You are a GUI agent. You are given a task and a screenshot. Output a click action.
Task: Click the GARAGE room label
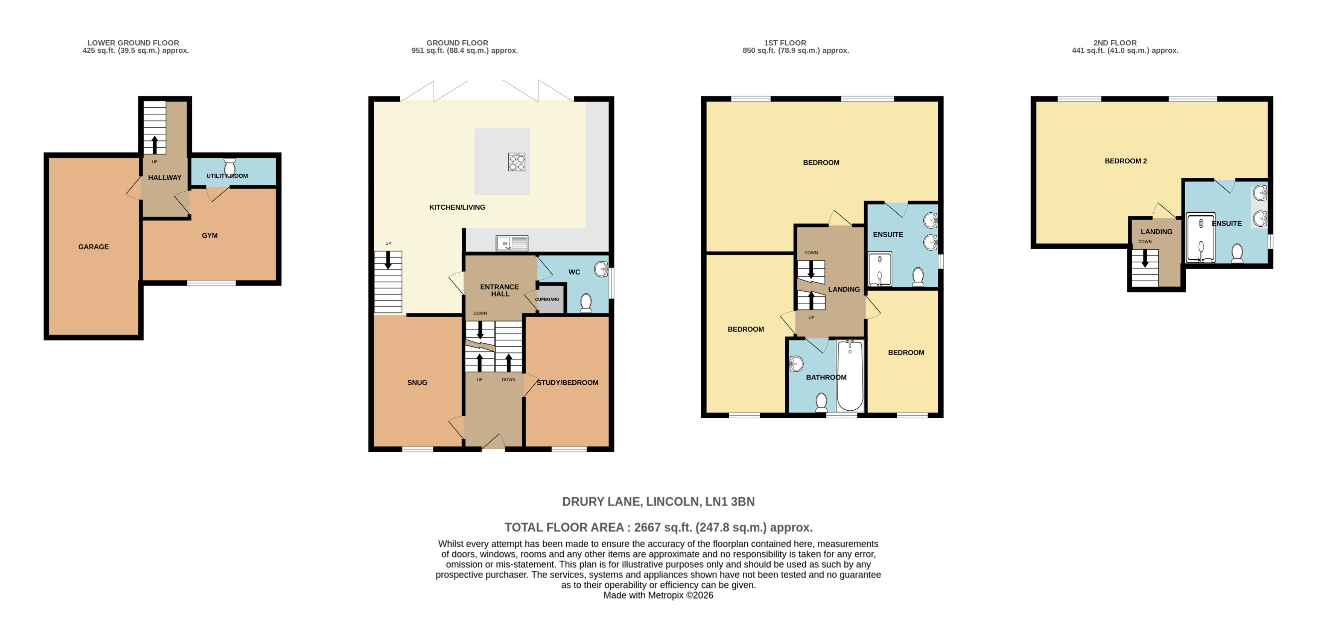point(94,247)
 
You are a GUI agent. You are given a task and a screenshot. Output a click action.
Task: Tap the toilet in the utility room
point(230,166)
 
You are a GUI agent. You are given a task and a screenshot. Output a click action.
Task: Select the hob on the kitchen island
point(516,162)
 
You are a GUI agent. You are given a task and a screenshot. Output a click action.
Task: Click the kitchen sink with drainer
point(512,243)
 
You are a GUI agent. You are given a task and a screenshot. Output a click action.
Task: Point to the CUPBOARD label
point(547,299)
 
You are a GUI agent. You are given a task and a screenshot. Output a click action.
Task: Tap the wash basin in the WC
point(601,269)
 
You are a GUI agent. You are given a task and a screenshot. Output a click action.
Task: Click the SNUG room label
point(417,383)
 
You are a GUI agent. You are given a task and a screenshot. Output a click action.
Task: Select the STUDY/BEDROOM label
point(567,383)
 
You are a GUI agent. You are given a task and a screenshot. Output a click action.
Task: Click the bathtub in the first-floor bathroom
point(850,376)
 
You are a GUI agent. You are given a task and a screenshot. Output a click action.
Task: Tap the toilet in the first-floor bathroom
point(821,402)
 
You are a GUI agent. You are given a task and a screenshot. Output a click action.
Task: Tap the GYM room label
point(210,236)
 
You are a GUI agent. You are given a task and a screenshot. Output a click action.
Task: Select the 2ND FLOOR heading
point(1115,43)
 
